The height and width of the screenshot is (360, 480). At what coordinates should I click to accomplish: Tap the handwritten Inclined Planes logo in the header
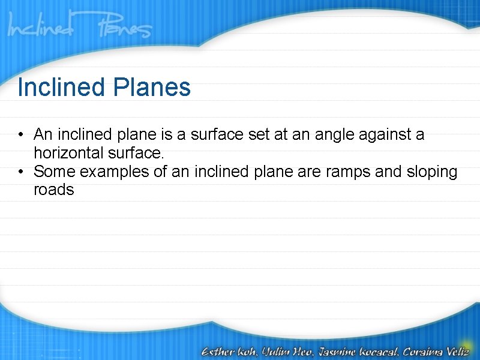click(80, 28)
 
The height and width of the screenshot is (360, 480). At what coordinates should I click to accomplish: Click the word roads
click(54, 191)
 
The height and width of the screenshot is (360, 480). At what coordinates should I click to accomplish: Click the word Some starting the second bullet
click(55, 172)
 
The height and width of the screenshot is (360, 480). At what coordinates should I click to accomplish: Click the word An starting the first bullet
click(43, 134)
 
